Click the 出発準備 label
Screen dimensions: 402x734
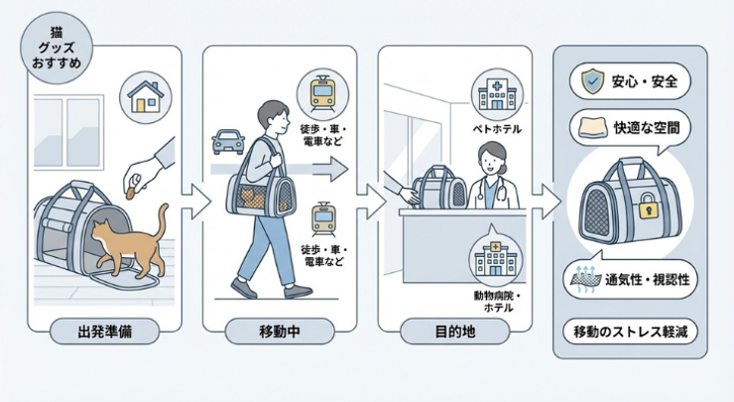(x=104, y=332)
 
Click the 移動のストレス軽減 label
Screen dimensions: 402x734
(x=635, y=332)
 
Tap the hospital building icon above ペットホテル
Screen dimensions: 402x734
(x=492, y=93)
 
